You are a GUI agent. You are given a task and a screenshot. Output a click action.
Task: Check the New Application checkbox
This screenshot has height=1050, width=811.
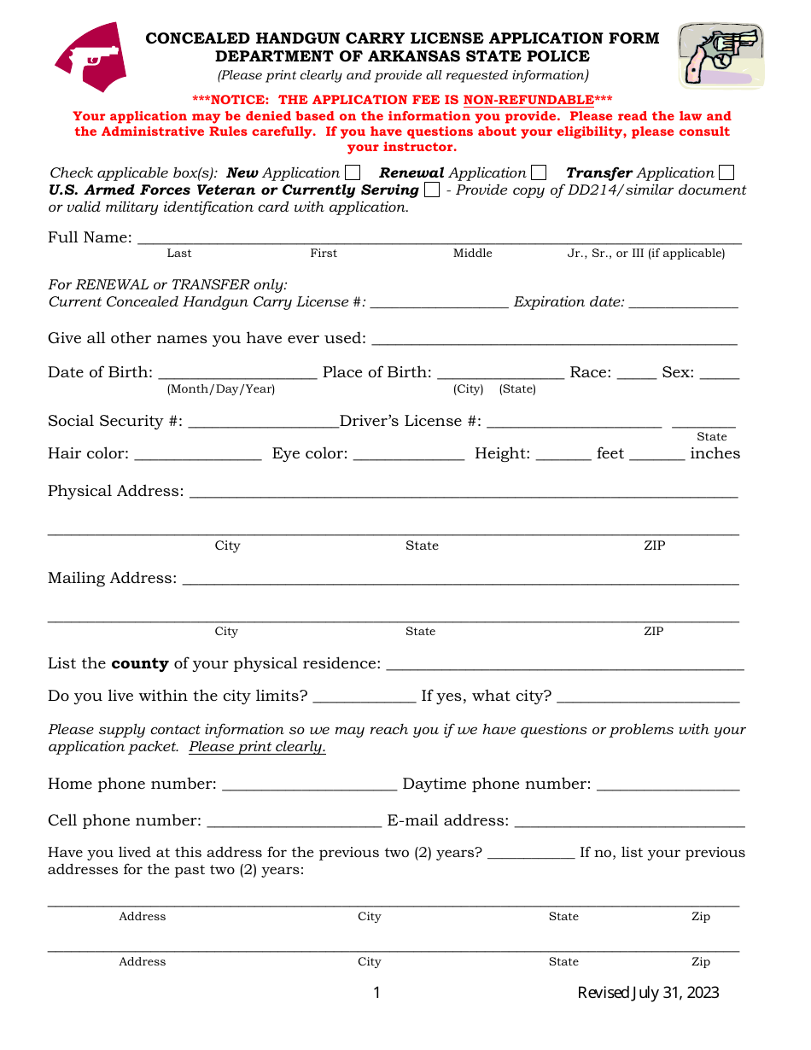(353, 172)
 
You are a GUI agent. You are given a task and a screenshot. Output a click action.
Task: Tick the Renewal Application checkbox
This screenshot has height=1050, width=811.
(539, 172)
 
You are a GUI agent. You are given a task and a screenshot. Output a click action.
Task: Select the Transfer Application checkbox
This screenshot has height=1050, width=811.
(726, 172)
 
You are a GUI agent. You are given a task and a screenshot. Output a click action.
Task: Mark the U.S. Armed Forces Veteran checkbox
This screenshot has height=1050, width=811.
(432, 190)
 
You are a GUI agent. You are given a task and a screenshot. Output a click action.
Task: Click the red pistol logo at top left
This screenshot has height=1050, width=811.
(91, 58)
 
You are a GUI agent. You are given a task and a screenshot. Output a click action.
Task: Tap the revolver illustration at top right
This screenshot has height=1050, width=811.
(721, 55)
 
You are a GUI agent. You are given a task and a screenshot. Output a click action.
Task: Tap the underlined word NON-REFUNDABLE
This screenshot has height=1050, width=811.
(528, 100)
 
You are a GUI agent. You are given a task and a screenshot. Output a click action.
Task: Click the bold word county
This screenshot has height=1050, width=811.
(140, 663)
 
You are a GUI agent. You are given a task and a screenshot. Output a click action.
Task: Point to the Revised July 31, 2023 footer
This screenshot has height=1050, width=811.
(648, 992)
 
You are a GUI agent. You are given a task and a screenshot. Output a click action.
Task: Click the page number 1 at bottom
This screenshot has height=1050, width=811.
(376, 992)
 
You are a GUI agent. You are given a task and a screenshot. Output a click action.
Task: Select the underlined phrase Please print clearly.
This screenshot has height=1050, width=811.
(257, 747)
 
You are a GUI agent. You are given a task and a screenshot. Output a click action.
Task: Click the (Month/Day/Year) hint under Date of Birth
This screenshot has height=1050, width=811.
(221, 389)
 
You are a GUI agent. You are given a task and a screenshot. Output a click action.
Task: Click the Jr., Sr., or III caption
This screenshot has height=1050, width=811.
(646, 253)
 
